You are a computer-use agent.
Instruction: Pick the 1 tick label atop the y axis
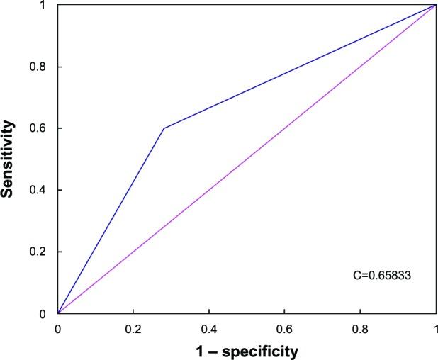[47, 5]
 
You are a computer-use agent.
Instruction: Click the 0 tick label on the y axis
[47, 313]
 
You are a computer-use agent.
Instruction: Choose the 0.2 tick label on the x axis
[133, 330]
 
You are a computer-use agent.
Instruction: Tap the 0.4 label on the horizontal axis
[208, 330]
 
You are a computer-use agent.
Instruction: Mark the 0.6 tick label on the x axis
[284, 330]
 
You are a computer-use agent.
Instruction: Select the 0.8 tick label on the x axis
[359, 330]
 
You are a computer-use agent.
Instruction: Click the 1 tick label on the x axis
[434, 330]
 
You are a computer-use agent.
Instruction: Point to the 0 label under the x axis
[58, 330]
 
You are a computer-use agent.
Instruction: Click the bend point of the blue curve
[164, 128]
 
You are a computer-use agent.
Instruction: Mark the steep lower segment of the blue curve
[111, 221]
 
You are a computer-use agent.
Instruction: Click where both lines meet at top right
[434, 5]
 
